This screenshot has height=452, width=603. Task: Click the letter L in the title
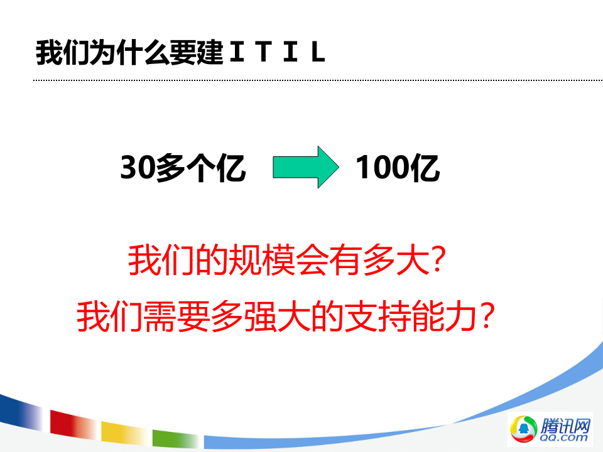point(318,53)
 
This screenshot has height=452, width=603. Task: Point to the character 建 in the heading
point(210,53)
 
